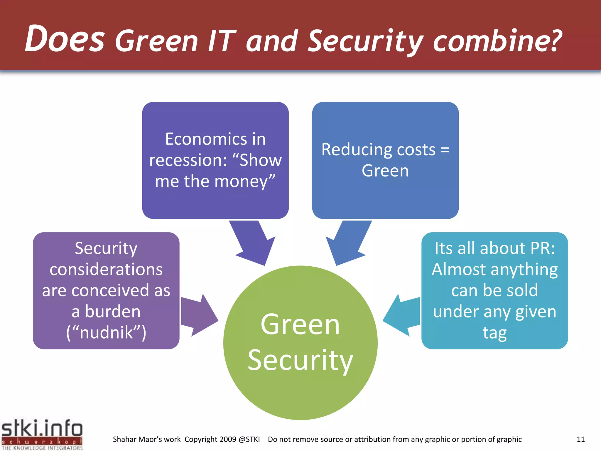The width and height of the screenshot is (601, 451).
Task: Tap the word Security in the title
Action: pyautogui.click(x=365, y=42)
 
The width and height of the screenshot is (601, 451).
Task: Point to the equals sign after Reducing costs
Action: pyautogui.click(x=445, y=150)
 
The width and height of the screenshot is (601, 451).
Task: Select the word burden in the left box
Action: pyautogui.click(x=113, y=312)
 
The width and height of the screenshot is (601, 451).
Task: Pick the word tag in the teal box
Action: pyautogui.click(x=495, y=333)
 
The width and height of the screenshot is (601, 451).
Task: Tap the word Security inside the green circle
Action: pyautogui.click(x=300, y=361)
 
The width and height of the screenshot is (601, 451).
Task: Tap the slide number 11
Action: pyautogui.click(x=580, y=440)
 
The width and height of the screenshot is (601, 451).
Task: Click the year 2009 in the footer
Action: pyautogui.click(x=228, y=440)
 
